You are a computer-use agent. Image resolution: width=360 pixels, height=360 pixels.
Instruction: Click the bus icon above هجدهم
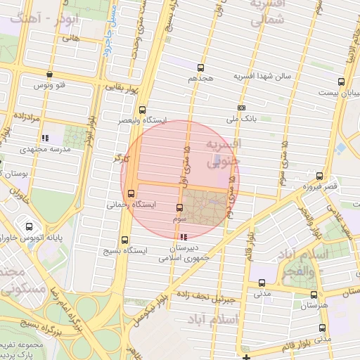click(201, 68)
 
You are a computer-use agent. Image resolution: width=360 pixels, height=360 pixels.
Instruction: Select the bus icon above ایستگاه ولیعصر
click(143, 110)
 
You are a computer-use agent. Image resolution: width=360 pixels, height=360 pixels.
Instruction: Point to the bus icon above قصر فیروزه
click(320, 176)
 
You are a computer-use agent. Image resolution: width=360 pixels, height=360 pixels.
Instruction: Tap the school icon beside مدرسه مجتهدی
click(45, 138)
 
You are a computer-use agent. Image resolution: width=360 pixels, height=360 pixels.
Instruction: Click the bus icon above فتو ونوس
click(49, 74)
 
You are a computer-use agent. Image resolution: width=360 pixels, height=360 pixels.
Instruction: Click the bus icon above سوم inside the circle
click(179, 208)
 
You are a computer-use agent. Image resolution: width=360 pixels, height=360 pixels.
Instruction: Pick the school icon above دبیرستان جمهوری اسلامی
click(184, 237)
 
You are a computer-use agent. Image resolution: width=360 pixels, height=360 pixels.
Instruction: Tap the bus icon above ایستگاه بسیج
click(125, 240)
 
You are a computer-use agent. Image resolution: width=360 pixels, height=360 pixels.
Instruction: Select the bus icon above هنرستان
click(313, 295)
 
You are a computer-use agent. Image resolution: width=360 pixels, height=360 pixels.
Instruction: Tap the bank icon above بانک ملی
click(241, 108)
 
